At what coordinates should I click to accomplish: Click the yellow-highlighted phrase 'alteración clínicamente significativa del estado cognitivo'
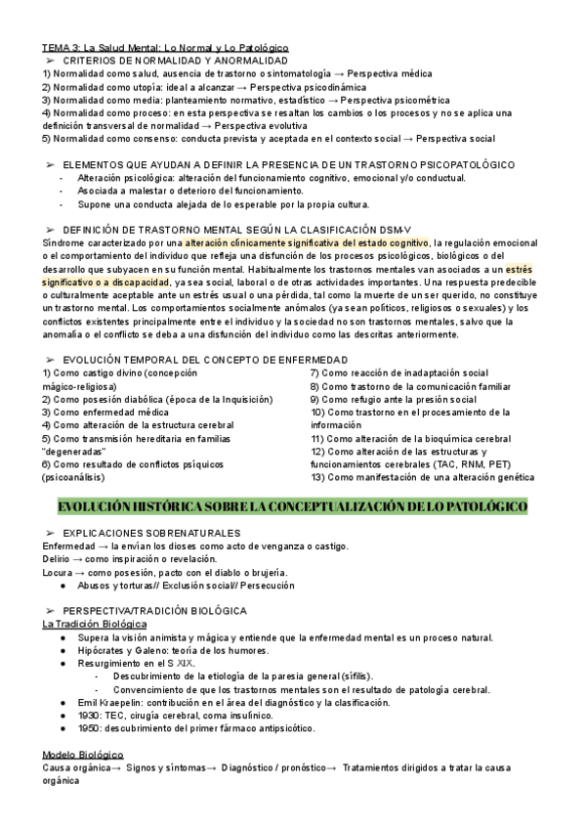[x=307, y=242]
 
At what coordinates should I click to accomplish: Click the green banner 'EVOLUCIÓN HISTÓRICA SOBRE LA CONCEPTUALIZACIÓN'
[x=293, y=505]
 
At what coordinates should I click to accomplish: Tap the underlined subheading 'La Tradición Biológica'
[x=94, y=624]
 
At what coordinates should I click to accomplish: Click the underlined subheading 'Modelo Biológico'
[x=82, y=756]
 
